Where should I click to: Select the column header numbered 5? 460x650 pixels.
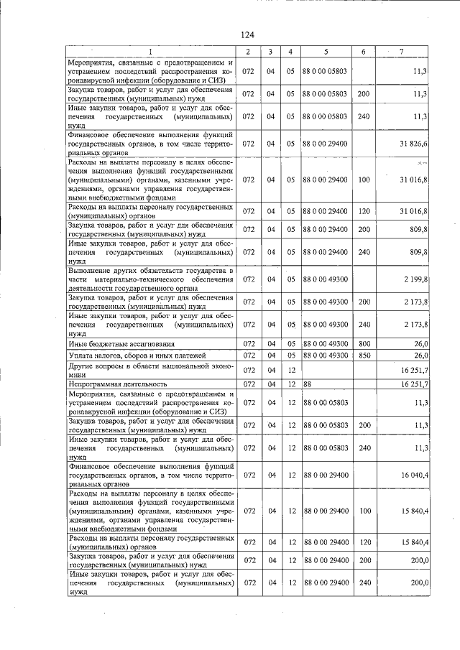[x=326, y=52]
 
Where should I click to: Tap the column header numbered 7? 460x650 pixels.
[x=401, y=52]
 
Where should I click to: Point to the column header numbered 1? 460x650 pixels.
[x=151, y=52]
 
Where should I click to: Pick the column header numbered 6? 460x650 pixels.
[x=364, y=52]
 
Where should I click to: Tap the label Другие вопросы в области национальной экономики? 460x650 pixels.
[x=151, y=370]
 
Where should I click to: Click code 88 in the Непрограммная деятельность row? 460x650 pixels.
[x=308, y=384]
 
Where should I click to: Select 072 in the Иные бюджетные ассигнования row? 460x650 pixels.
[x=247, y=344]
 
